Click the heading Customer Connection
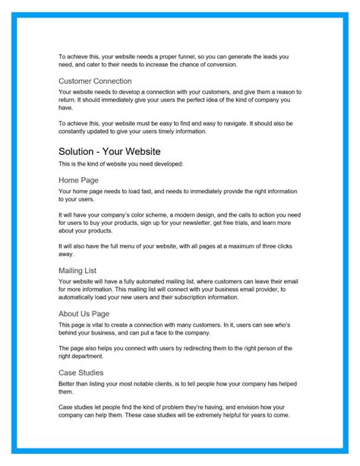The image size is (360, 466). point(95,81)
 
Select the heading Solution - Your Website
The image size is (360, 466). point(109,151)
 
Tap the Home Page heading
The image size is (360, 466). point(80,180)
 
